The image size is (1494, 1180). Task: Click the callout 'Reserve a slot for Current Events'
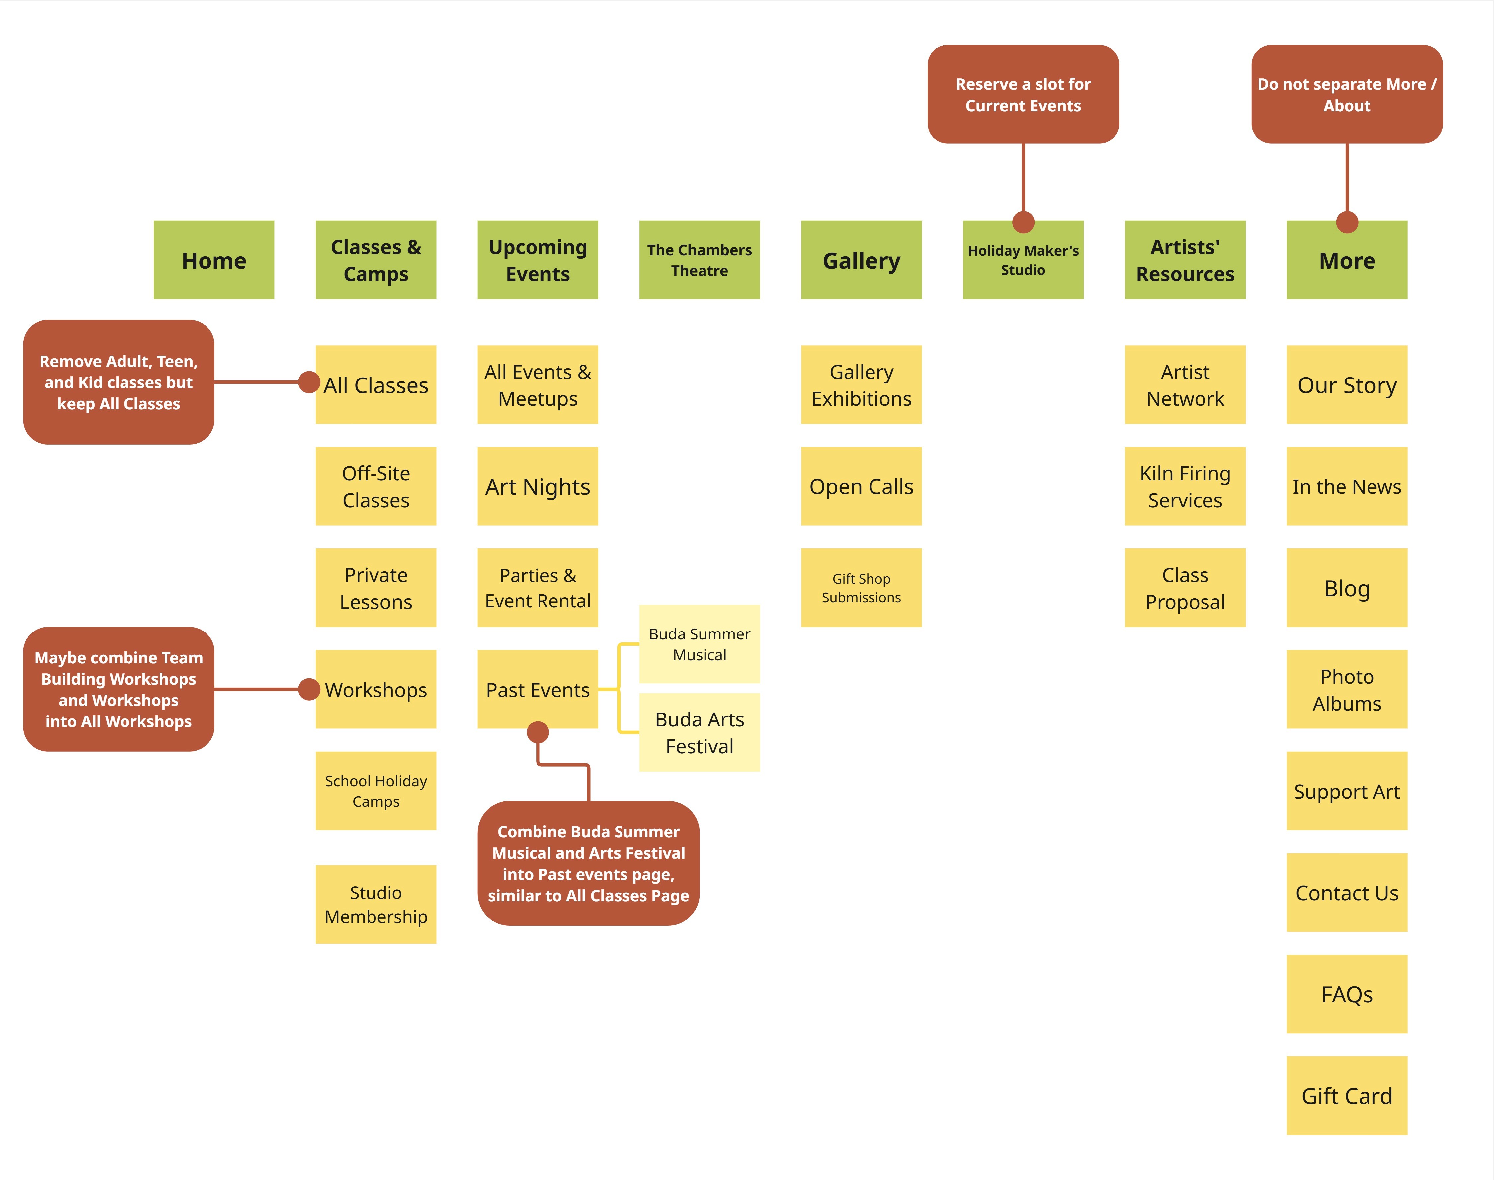pos(1023,95)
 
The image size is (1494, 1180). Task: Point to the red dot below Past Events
pos(538,732)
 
